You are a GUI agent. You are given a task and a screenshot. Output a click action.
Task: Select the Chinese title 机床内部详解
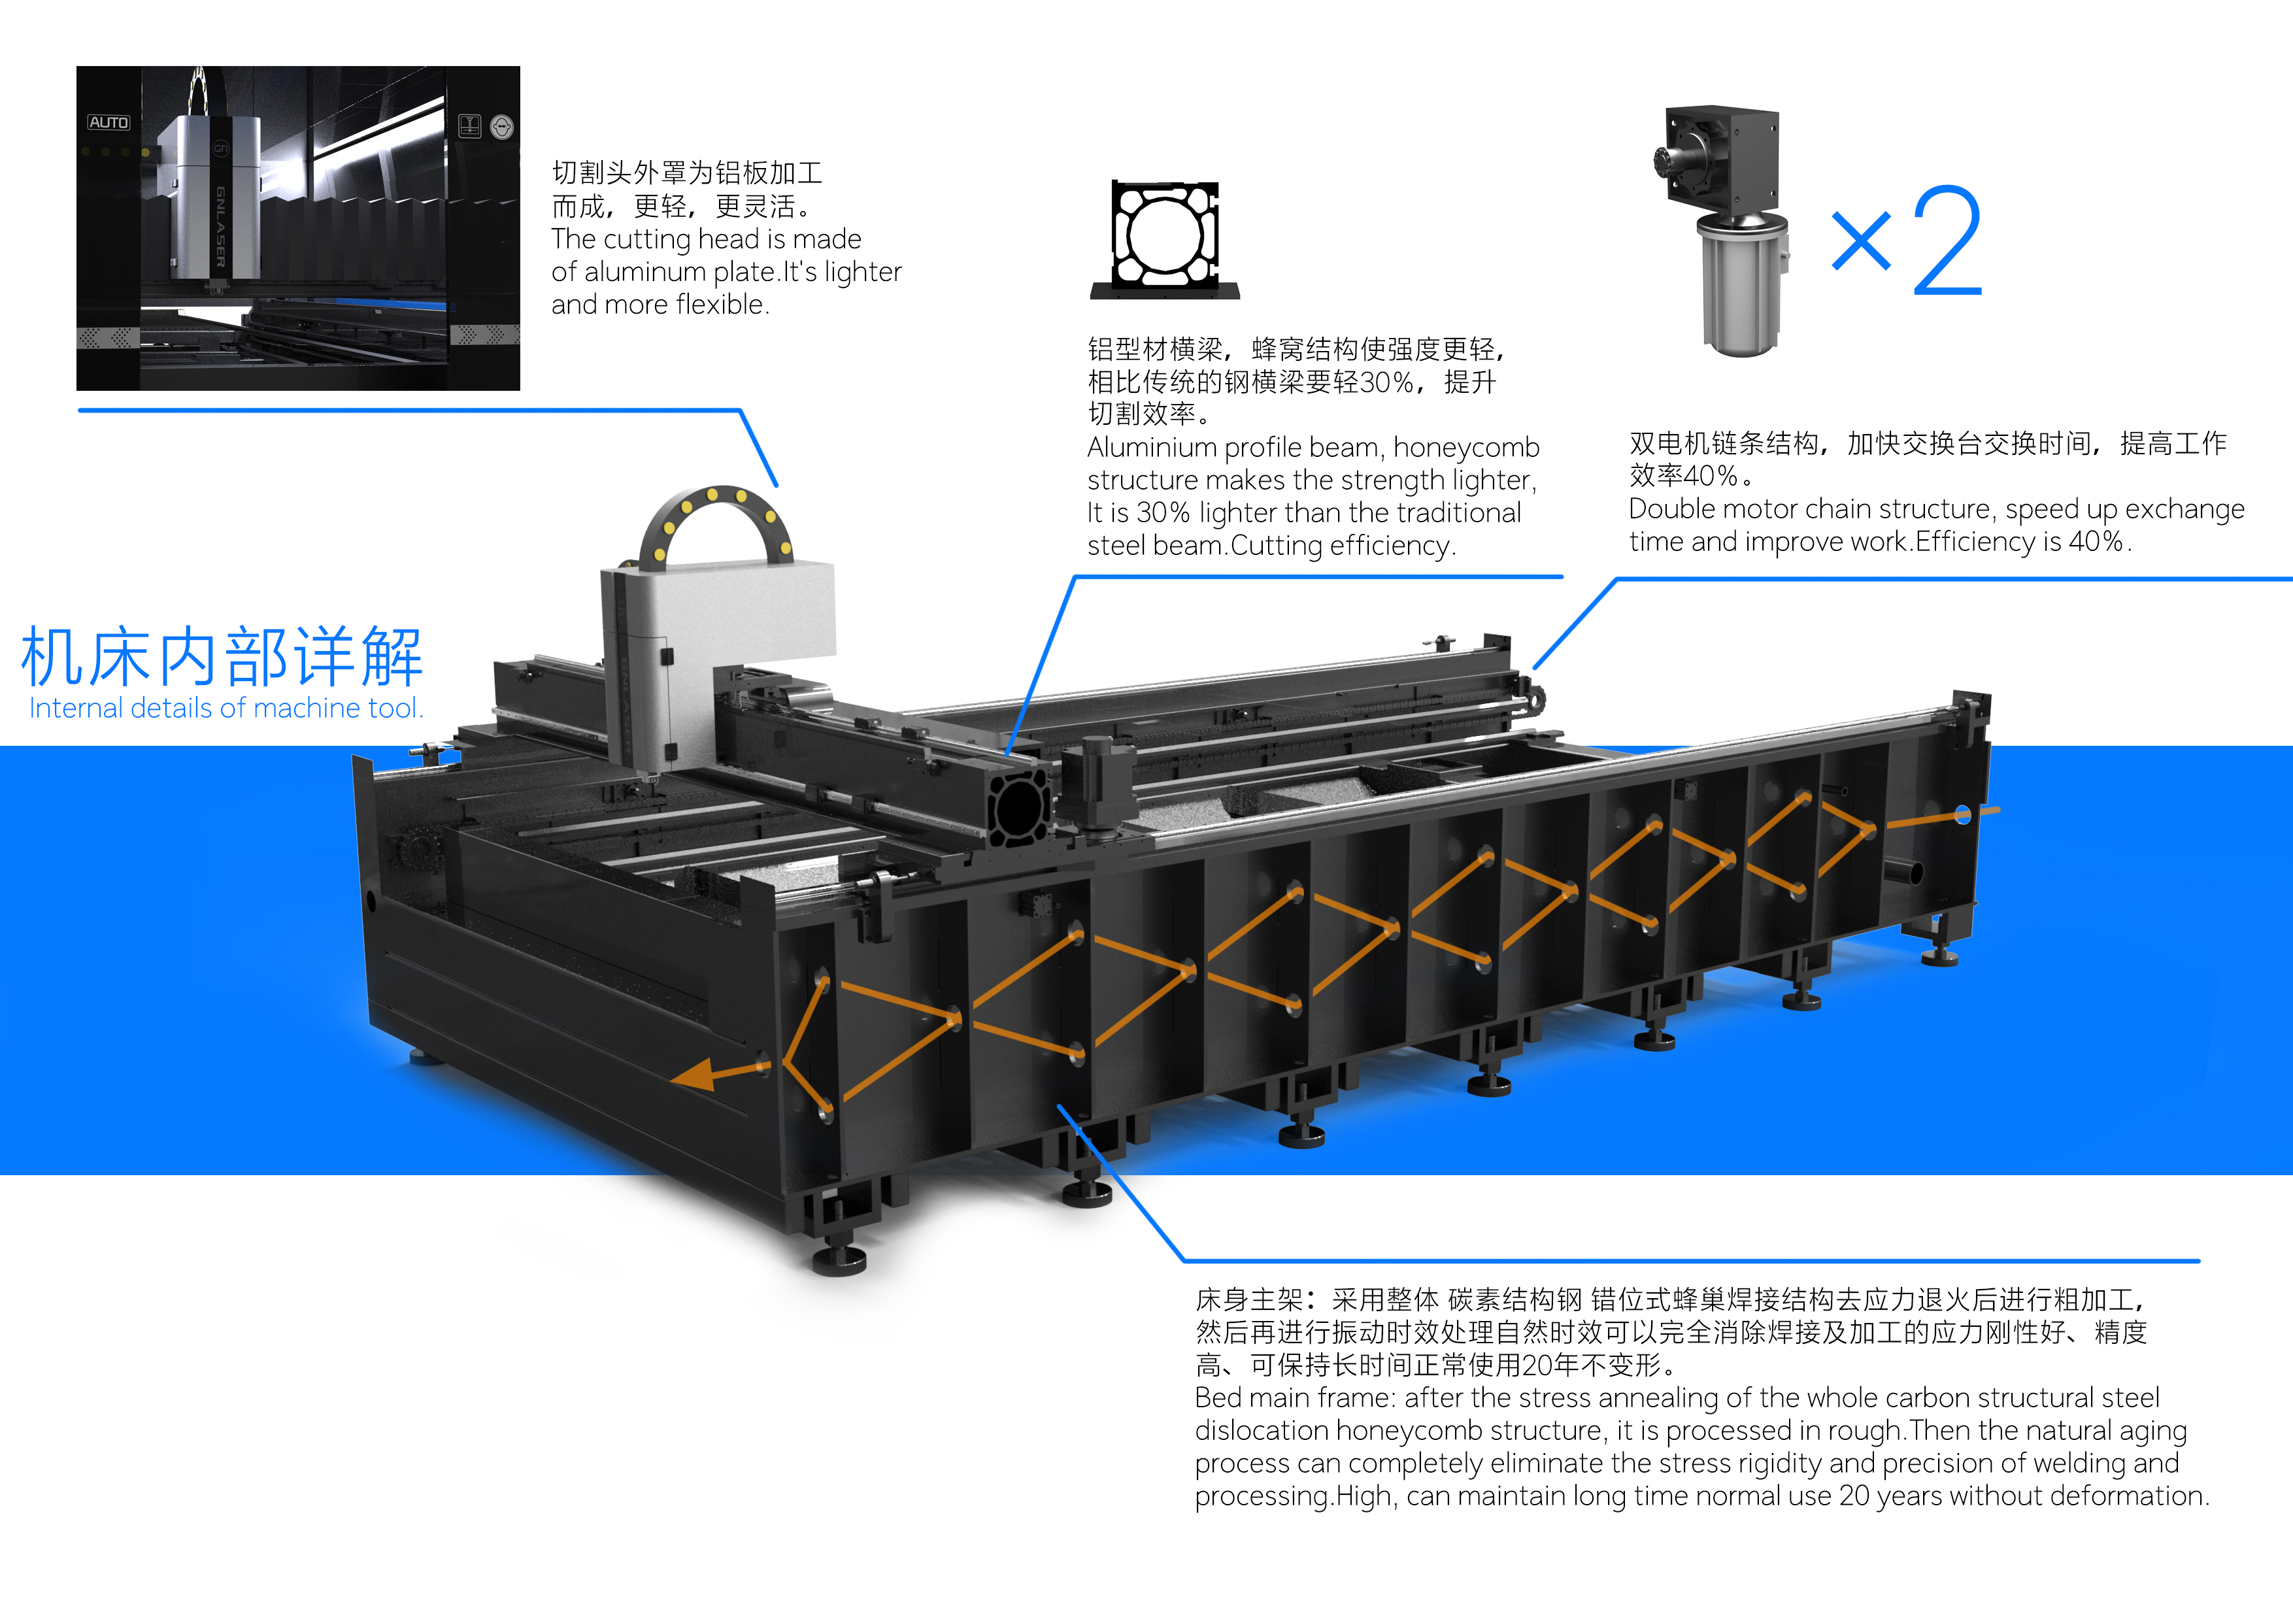[222, 657]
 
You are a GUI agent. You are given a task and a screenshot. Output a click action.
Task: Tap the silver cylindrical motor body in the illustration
[1741, 290]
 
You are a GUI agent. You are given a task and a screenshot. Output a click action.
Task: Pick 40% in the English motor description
[2094, 541]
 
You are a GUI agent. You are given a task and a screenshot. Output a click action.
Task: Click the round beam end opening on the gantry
[1018, 807]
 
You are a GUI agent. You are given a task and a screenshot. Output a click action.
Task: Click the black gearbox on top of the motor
[1723, 159]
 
